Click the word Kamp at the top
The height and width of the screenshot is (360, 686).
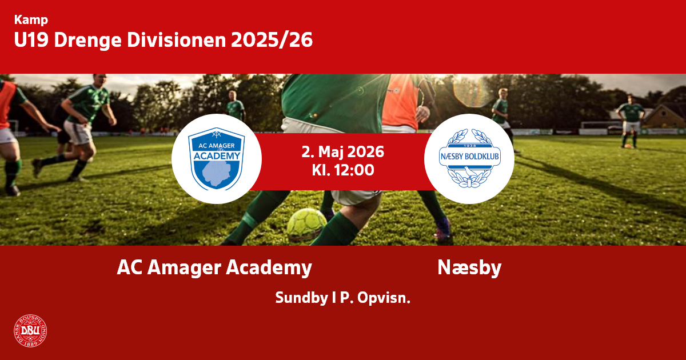[x=31, y=20]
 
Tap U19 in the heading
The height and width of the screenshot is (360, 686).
[x=31, y=40]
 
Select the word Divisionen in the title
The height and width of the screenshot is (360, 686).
[x=177, y=40]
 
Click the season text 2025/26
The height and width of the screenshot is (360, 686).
[x=272, y=40]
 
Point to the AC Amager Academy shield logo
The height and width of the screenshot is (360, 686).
[x=217, y=159]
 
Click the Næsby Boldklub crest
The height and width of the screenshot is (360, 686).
[x=469, y=158]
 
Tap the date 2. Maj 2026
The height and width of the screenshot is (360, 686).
[x=342, y=152]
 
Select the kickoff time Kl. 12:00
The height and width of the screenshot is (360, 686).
[x=342, y=170]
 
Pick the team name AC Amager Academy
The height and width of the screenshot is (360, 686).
[x=214, y=267]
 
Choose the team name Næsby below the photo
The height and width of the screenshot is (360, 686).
[x=469, y=267]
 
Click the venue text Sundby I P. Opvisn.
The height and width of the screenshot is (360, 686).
[x=342, y=298]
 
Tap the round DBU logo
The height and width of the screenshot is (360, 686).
[x=30, y=331]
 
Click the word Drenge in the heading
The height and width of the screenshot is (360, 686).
[x=87, y=41]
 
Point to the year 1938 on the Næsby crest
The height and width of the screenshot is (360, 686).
[x=469, y=146]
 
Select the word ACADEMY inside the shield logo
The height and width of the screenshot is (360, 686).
[x=217, y=156]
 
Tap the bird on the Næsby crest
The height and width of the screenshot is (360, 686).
[x=469, y=171]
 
